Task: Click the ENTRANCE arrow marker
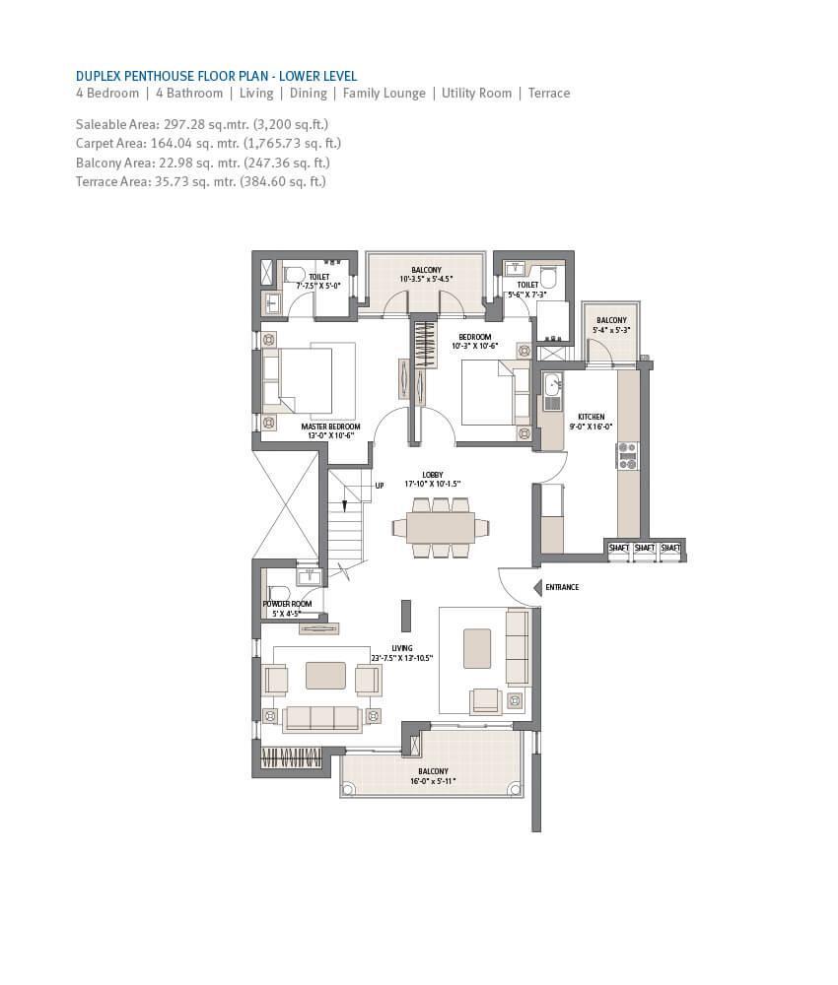pyautogui.click(x=537, y=588)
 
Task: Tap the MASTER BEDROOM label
pyautogui.click(x=330, y=427)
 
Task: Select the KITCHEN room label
pyautogui.click(x=592, y=417)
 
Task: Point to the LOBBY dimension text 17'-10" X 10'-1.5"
pyautogui.click(x=433, y=485)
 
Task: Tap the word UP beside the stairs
pyautogui.click(x=380, y=486)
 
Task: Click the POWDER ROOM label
pyautogui.click(x=287, y=604)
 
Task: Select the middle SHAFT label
pyautogui.click(x=645, y=548)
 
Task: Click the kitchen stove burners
pyautogui.click(x=627, y=456)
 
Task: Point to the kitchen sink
pyautogui.click(x=553, y=384)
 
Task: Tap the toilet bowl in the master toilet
pyautogui.click(x=294, y=275)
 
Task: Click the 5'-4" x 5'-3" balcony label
pyautogui.click(x=611, y=329)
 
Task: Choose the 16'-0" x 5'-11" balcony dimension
pyautogui.click(x=433, y=781)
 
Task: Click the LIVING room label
pyautogui.click(x=401, y=648)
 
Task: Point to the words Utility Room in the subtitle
pyautogui.click(x=476, y=93)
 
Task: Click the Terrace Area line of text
pyautogui.click(x=201, y=181)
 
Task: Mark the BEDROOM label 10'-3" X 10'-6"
pyautogui.click(x=474, y=341)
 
